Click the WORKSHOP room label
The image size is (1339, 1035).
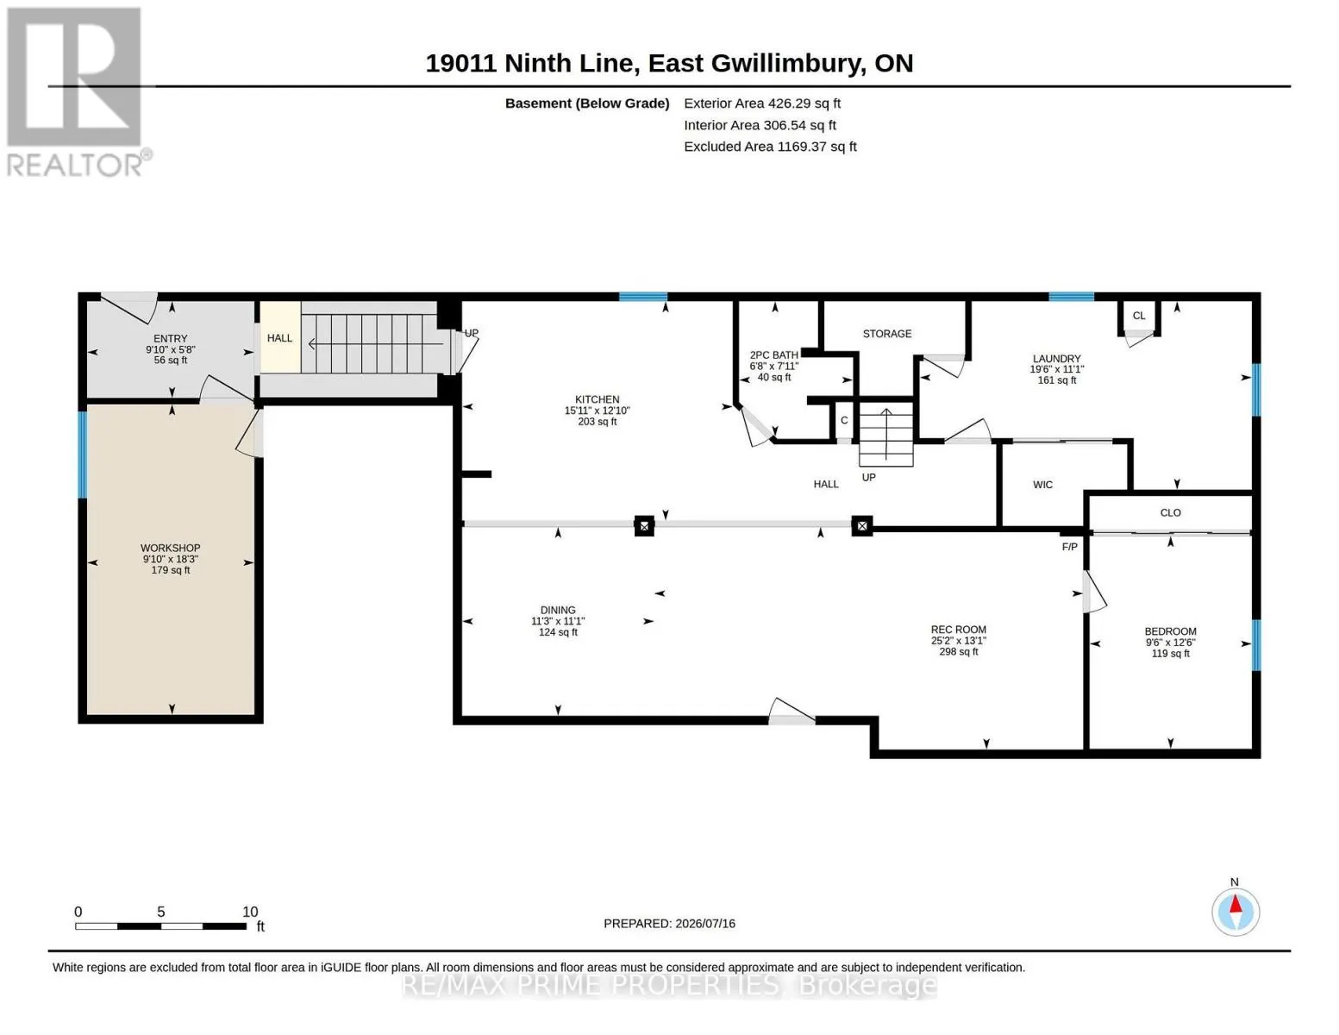(x=170, y=548)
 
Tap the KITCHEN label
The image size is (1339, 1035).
(x=597, y=399)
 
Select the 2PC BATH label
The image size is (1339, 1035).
(x=773, y=355)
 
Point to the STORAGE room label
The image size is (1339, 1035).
(x=886, y=334)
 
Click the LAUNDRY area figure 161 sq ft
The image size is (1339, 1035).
(x=1056, y=380)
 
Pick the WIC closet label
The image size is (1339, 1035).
(x=1042, y=485)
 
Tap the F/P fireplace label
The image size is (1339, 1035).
(x=1069, y=547)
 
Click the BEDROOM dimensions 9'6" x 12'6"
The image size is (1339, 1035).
(x=1169, y=643)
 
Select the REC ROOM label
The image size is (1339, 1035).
(x=958, y=630)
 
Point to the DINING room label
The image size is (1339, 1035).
(x=558, y=610)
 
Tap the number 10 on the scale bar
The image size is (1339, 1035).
(x=249, y=912)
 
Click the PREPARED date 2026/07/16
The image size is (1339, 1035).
(x=705, y=924)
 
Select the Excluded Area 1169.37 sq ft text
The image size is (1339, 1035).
(x=770, y=147)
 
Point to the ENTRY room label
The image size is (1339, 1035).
(x=170, y=338)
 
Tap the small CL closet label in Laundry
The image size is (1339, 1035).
(x=1138, y=316)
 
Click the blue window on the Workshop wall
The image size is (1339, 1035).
(x=82, y=455)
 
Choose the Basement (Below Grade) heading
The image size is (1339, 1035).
(x=586, y=103)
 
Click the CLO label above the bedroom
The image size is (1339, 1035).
(x=1169, y=513)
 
